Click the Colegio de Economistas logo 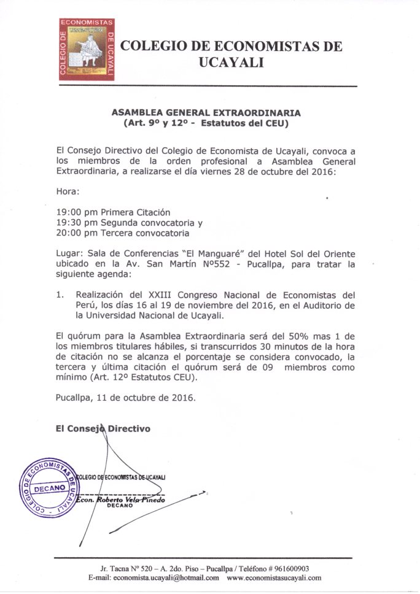point(86,49)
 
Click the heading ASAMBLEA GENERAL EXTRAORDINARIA point(206,114)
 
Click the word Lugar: point(68,254)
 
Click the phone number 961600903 point(289,568)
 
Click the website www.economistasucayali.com point(274,578)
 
